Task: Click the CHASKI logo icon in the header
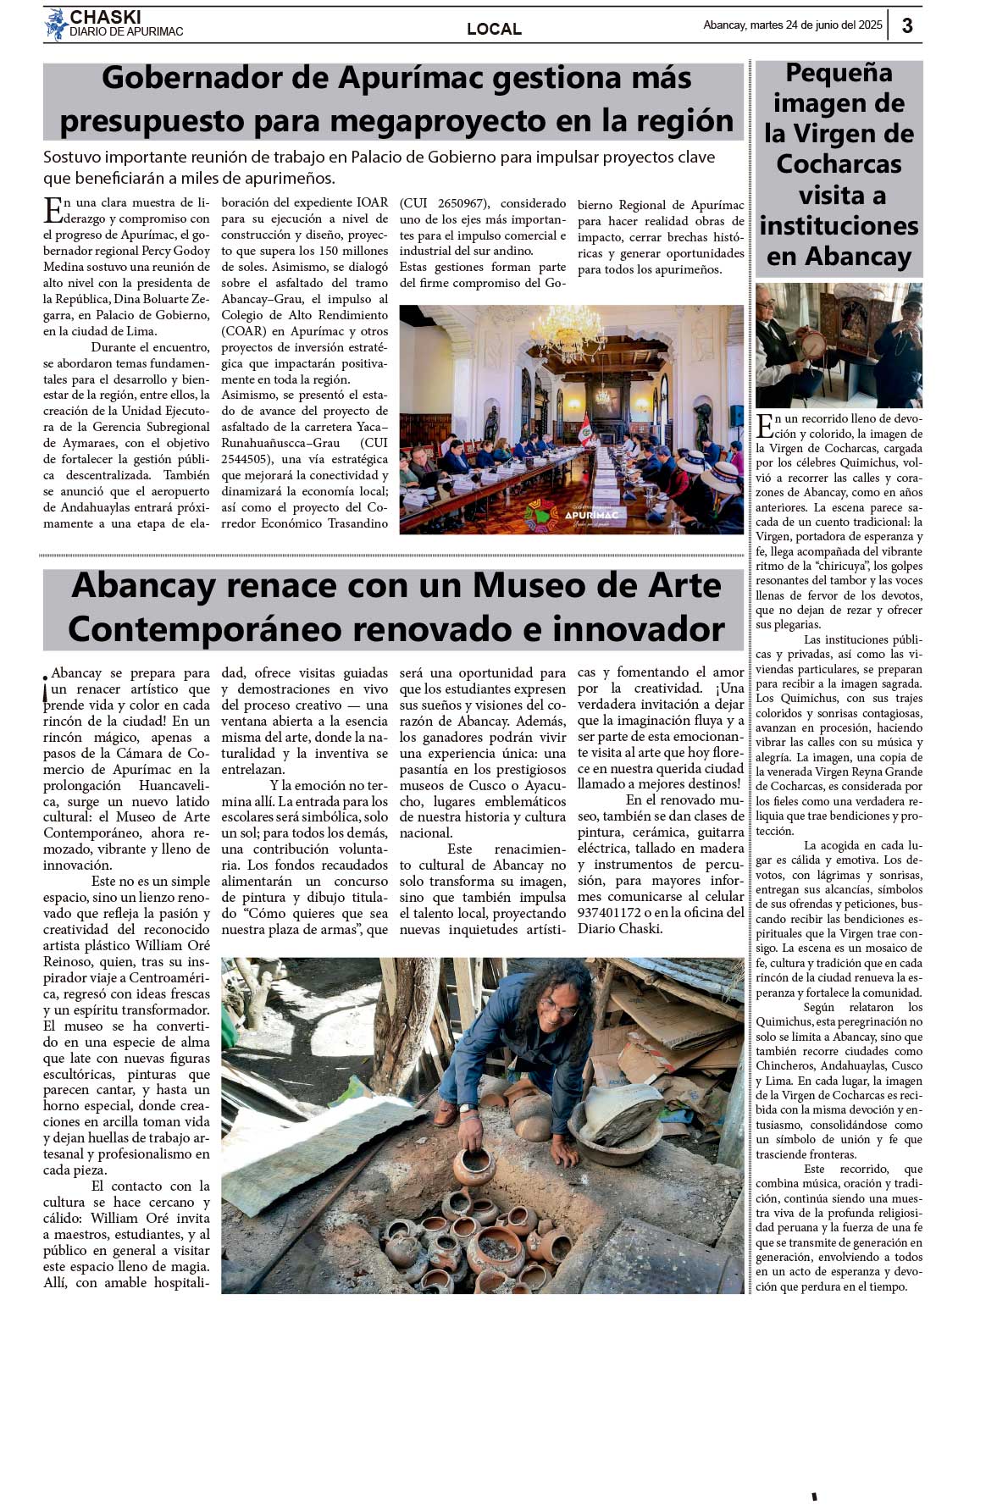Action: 56,25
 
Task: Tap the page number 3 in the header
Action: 907,25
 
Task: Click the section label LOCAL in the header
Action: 494,29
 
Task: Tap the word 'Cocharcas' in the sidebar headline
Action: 839,164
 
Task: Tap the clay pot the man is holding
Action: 474,1166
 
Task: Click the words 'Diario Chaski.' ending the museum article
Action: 620,929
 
